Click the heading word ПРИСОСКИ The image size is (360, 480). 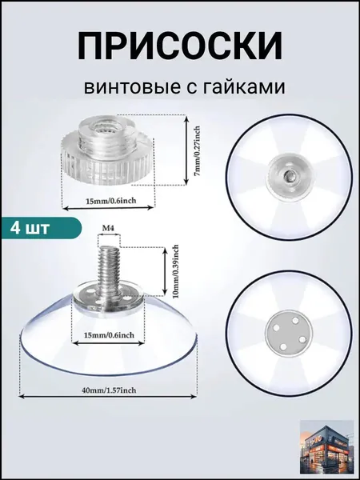coord(180,46)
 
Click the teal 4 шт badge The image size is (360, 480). coord(42,228)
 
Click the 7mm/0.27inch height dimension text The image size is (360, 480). coord(198,150)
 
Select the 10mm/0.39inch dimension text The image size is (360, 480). coord(176,271)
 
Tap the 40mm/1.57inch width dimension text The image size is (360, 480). coord(109,390)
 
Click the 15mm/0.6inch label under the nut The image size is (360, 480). coord(110,201)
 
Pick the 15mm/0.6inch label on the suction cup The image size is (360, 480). coord(109,335)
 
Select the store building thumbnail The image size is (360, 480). coord(327,446)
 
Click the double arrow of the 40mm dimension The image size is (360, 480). coord(107,397)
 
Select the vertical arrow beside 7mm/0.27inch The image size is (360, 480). coord(186,150)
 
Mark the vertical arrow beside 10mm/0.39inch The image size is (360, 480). coord(165,271)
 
